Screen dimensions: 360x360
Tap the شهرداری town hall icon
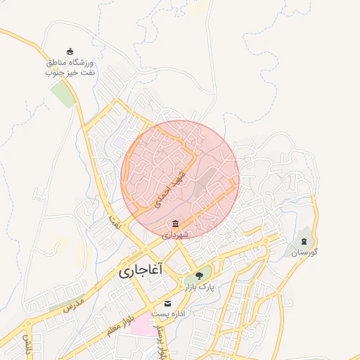pos(175,224)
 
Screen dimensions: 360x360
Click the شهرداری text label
pos(175,235)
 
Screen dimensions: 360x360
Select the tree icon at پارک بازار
pos(199,275)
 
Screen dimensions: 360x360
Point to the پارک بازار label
pos(198,287)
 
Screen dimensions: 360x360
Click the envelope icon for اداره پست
pos(167,303)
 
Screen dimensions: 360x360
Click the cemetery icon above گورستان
pos(304,241)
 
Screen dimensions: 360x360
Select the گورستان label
pos(304,252)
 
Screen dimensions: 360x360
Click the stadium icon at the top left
pos(69,51)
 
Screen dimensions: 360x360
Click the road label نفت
pos(113,222)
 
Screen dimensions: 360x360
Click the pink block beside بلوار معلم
pos(141,325)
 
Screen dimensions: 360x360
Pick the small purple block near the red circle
pos(118,143)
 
